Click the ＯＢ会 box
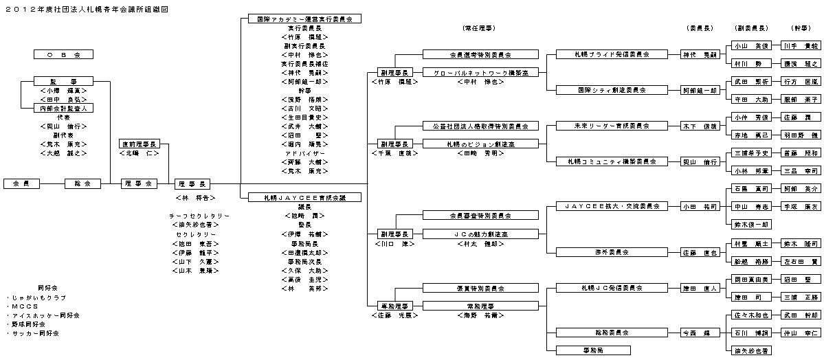coord(63,54)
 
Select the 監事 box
coord(63,80)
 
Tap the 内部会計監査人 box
coord(63,108)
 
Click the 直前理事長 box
coord(140,144)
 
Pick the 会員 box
coord(21,183)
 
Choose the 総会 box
coord(82,183)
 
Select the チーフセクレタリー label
coord(199,216)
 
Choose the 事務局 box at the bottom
coord(593,350)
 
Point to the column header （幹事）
coord(799,28)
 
